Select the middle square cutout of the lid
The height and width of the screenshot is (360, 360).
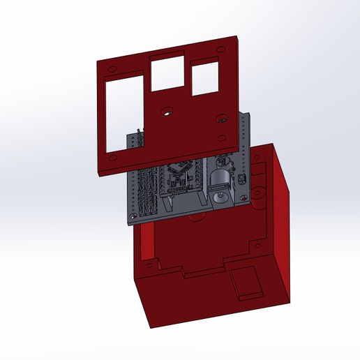[x=167, y=73]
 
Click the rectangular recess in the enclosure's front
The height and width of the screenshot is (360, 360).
[x=246, y=283]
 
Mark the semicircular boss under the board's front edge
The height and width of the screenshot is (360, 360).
[x=196, y=218]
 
